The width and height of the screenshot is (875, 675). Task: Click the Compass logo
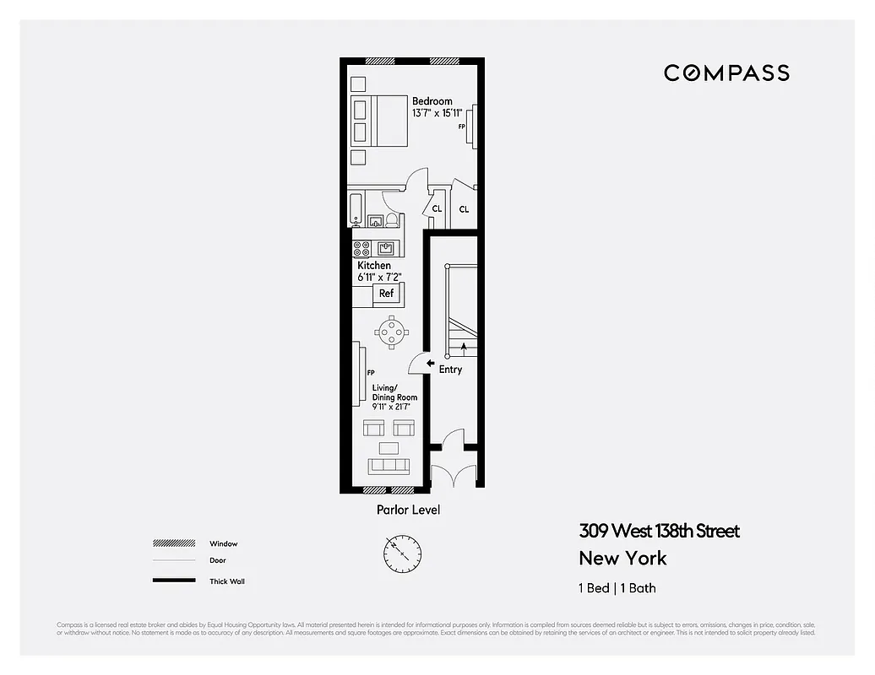726,73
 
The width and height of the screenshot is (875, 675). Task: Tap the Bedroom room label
432,101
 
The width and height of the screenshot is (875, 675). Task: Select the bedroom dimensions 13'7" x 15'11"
437,113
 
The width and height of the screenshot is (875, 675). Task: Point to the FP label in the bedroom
462,127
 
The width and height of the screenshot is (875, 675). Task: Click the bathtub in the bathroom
356,209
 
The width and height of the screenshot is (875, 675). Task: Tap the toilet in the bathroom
392,220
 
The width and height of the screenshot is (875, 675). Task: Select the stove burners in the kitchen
361,248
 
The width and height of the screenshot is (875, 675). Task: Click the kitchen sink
386,248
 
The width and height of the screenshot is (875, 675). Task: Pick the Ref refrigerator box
386,294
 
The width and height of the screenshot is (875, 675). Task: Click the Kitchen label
373,266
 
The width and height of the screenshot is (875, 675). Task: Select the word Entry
450,370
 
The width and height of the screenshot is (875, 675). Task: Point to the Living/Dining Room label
394,392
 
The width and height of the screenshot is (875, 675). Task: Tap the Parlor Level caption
408,510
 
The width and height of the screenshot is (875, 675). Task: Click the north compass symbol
402,553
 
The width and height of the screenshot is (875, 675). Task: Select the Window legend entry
224,543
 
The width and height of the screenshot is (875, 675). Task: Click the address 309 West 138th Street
659,531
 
